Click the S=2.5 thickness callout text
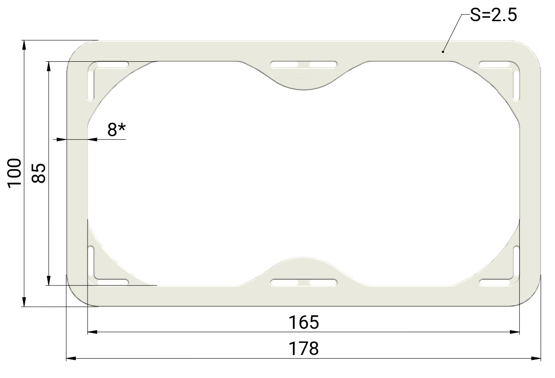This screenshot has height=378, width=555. pos(493,15)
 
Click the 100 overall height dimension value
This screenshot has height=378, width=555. pos(14,173)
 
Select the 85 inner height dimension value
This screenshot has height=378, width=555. pos(39,173)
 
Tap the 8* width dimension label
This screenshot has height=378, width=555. pos(116,129)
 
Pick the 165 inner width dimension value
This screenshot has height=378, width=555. pos(304,323)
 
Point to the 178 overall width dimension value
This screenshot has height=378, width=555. pos(304,349)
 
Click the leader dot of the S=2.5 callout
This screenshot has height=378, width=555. pos(443,52)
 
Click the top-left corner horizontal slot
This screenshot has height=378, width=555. pos(113,65)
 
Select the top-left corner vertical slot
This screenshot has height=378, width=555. pos(91,86)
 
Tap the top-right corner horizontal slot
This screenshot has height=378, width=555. pos(495,65)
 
